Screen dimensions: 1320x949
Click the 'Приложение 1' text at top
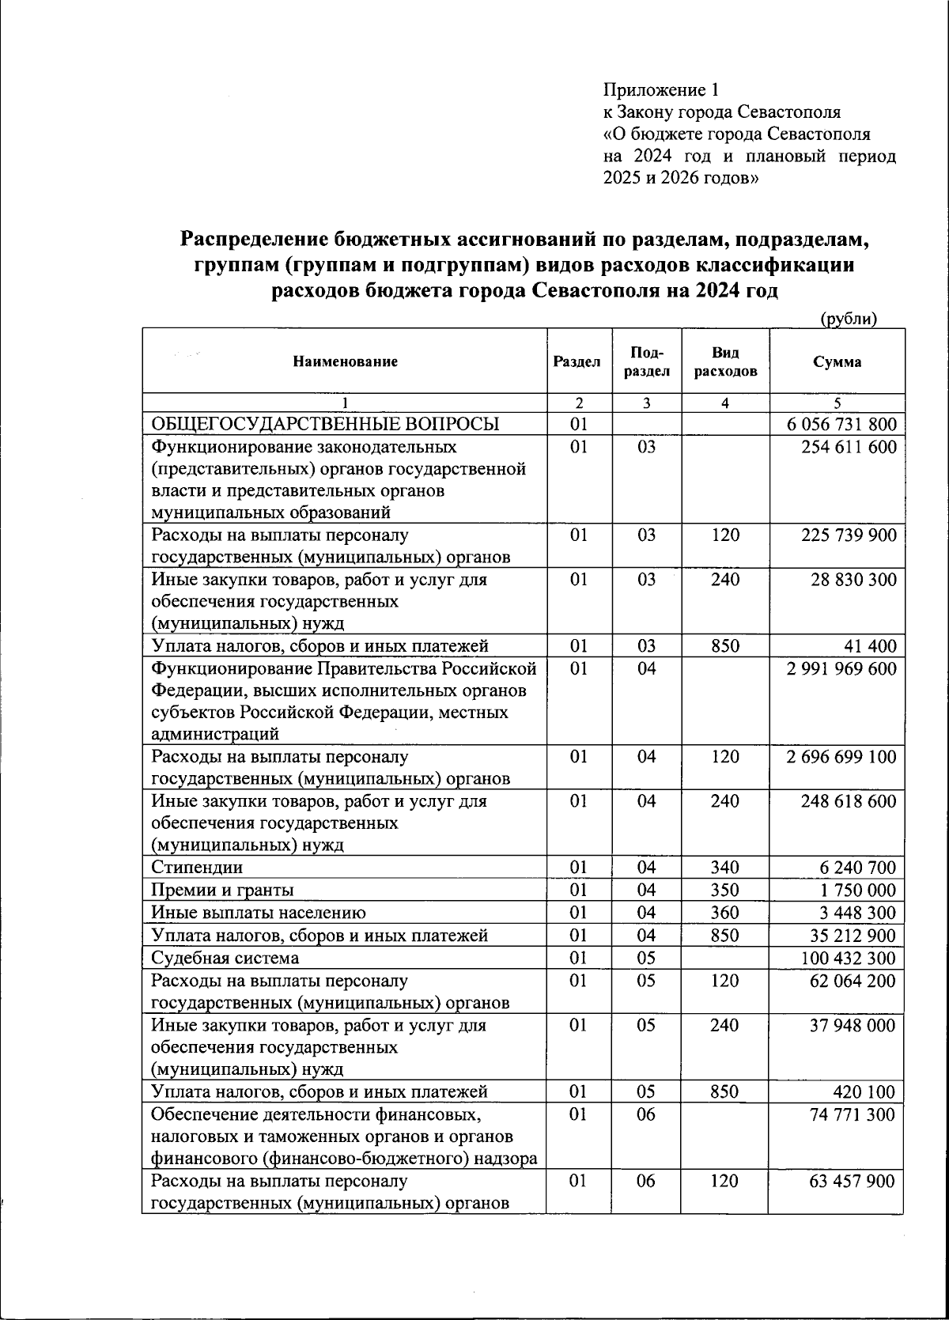(660, 89)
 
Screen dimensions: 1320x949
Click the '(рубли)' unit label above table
(849, 319)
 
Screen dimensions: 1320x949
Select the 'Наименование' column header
(345, 362)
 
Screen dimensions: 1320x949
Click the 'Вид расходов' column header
(724, 362)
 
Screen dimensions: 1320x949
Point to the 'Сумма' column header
(837, 362)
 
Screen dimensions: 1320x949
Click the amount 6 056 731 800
(841, 424)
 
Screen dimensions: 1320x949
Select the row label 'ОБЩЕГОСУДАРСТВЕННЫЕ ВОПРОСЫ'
(325, 424)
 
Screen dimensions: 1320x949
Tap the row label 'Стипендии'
(197, 868)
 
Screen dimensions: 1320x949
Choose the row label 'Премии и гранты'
(222, 891)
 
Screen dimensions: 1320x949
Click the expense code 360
(724, 913)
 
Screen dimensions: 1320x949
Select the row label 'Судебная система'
(225, 959)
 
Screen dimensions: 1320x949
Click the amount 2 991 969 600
(841, 669)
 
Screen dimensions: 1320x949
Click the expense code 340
(724, 868)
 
